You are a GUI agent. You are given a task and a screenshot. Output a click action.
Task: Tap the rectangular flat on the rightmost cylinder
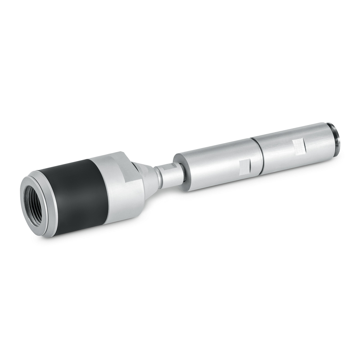point(299,145)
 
